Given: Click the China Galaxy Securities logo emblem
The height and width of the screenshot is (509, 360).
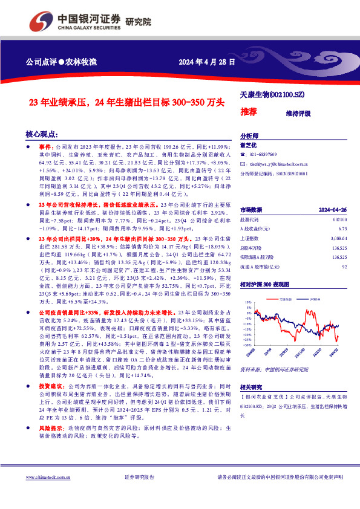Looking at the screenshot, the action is pyautogui.click(x=38, y=24).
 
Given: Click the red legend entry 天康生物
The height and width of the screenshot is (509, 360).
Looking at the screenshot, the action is pyautogui.click(x=284, y=299).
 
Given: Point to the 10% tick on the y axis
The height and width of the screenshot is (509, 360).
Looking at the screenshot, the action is pyautogui.click(x=247, y=301).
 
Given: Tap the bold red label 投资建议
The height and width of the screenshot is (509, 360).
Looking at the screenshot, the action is pyautogui.click(x=50, y=385).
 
